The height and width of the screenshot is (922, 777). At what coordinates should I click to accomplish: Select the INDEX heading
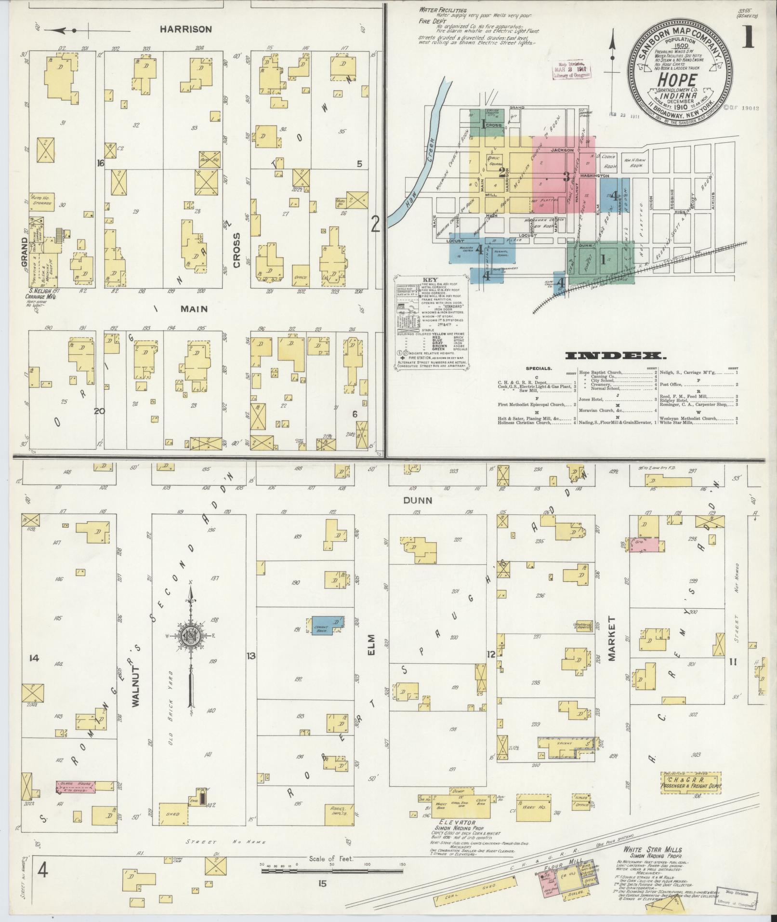tap(616, 356)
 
